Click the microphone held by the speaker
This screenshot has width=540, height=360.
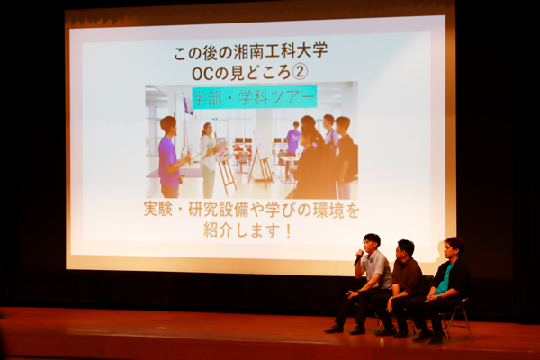click(x=358, y=258)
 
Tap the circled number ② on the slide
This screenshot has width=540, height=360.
click(x=300, y=72)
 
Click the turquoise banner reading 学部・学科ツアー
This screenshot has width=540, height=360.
click(x=254, y=97)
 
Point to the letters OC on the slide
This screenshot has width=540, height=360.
click(x=202, y=73)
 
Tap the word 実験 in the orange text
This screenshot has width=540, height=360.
click(x=158, y=210)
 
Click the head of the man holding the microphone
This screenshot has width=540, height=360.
click(x=371, y=242)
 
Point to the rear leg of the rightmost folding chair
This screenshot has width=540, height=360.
click(x=468, y=320)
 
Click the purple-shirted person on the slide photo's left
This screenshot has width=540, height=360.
click(x=169, y=157)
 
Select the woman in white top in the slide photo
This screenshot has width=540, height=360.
click(x=209, y=159)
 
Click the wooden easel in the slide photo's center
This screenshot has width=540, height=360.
click(x=261, y=158)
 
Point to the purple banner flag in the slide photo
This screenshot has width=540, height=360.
click(x=188, y=105)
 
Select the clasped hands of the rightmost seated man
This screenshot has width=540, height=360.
click(x=430, y=298)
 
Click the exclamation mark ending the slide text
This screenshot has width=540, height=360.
click(x=288, y=230)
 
